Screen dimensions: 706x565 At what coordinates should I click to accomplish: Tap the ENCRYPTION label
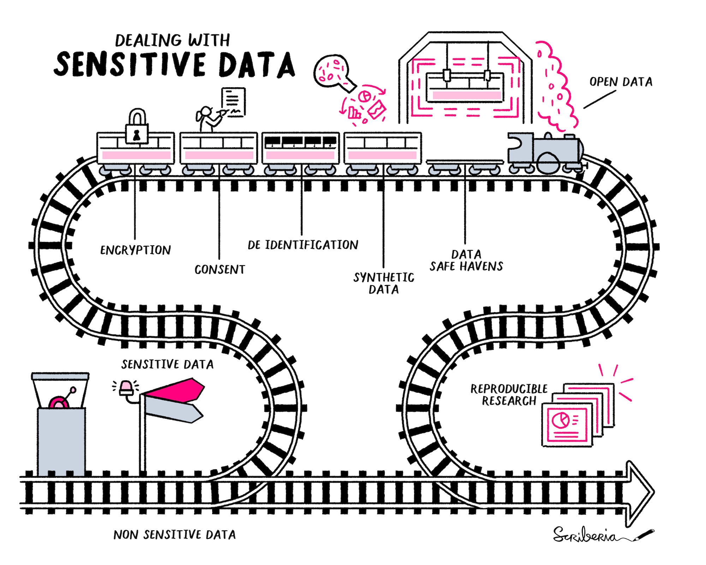[136, 250]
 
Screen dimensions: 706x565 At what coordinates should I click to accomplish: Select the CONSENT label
[220, 269]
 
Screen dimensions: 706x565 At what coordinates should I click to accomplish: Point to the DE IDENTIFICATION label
[303, 245]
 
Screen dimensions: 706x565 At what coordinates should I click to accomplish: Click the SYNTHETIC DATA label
[384, 283]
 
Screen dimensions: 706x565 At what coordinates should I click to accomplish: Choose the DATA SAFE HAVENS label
[466, 260]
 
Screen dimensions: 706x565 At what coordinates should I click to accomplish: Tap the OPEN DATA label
[621, 82]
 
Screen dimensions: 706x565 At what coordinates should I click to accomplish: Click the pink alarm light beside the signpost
[126, 388]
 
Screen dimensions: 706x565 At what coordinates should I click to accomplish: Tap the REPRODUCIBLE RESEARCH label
[509, 395]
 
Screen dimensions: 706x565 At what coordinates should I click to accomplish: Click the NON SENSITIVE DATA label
[174, 535]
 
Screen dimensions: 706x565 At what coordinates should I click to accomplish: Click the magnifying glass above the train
[334, 73]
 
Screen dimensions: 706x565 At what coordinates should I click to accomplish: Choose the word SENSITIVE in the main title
[130, 64]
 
